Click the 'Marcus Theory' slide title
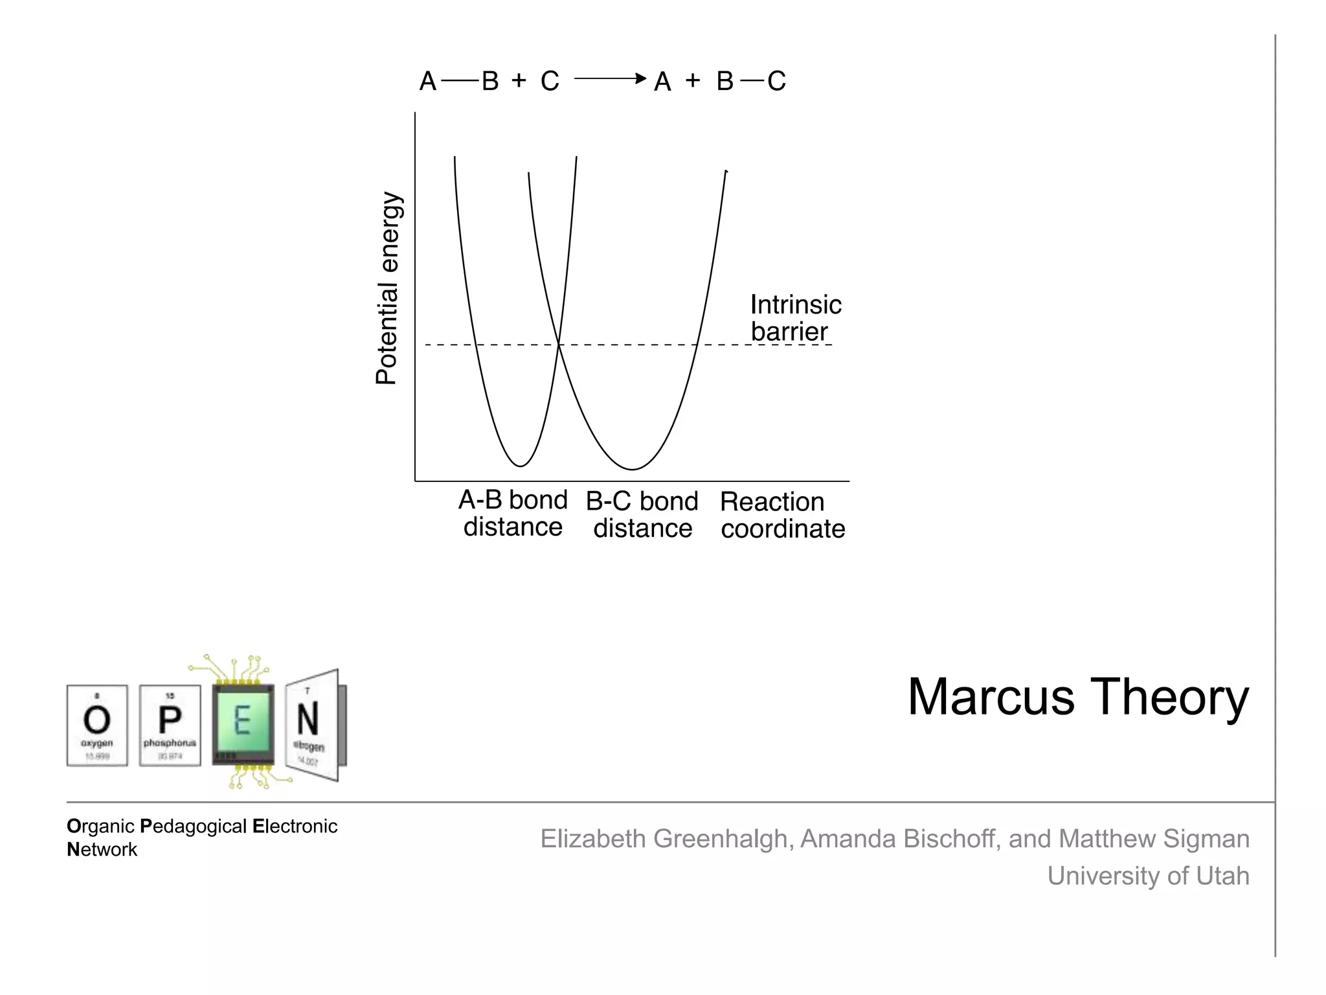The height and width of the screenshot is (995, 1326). [1077, 698]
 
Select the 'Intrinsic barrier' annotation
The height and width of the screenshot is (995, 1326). [795, 318]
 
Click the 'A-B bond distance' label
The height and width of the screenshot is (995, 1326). [513, 513]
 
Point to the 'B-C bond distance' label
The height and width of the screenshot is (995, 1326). [642, 515]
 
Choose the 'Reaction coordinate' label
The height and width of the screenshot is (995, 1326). [782, 516]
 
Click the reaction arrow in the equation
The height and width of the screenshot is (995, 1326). [609, 79]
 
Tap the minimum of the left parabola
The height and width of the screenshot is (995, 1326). [520, 466]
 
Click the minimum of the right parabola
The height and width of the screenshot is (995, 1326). [632, 469]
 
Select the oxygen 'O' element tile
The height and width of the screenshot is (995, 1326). [97, 726]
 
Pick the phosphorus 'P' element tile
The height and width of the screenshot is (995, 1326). [170, 726]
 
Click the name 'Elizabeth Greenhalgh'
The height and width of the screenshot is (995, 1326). [663, 839]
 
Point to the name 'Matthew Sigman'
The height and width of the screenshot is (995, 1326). [1154, 839]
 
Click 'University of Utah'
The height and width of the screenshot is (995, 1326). [1148, 876]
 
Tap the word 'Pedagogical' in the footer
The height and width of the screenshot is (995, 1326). [194, 827]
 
